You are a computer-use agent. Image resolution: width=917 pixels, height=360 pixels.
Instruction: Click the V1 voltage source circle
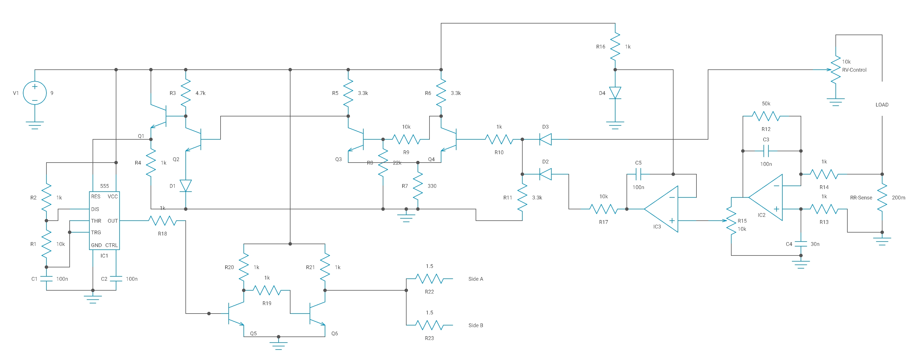(35, 93)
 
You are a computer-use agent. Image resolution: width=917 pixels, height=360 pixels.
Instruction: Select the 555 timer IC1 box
(104, 221)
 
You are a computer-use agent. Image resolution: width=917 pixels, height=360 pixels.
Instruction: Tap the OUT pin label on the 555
(113, 221)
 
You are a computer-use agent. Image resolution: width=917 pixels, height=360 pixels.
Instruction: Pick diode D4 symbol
(615, 93)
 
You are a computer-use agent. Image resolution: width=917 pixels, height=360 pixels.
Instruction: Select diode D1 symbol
(185, 186)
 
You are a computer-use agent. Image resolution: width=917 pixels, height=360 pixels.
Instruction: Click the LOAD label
(882, 105)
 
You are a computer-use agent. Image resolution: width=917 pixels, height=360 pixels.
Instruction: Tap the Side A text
(476, 279)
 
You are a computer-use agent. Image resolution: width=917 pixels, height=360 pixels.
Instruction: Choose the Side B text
(476, 325)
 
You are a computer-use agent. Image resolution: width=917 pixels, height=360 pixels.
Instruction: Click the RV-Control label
(854, 70)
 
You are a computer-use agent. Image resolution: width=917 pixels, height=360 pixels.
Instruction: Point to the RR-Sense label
(861, 198)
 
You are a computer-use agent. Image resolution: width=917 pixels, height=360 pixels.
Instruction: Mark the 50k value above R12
(766, 104)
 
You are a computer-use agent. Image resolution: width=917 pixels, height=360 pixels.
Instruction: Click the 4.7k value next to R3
(201, 93)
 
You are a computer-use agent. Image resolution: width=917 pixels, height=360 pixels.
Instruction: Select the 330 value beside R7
(432, 186)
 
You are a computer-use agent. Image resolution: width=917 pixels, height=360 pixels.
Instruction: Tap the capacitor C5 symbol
(638, 174)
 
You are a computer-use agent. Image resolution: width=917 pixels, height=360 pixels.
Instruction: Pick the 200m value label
(898, 198)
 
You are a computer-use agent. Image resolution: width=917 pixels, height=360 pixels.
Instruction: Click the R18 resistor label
(162, 234)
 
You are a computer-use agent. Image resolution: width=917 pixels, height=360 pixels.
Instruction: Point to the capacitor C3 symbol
(766, 151)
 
